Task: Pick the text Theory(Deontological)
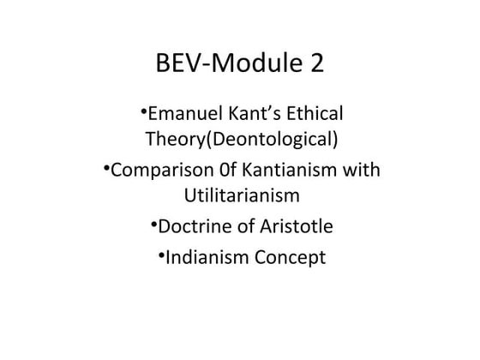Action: tap(240, 140)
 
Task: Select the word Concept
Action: tap(287, 255)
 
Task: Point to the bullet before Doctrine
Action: tap(153, 223)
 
